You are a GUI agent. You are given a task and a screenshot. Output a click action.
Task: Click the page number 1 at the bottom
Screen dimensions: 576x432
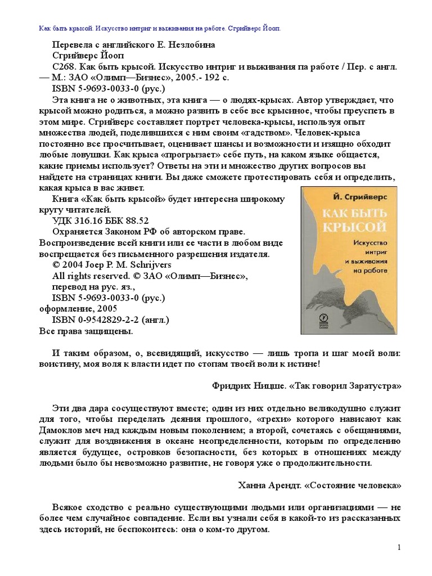398,548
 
